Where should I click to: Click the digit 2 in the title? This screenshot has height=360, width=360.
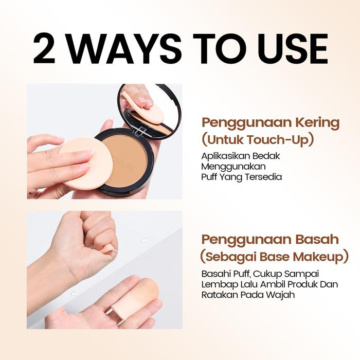(x=44, y=49)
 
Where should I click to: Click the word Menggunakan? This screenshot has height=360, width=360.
(x=233, y=167)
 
